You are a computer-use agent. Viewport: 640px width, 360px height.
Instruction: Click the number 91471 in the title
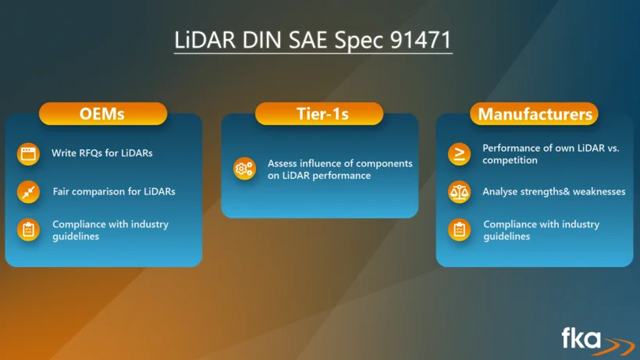[x=421, y=40]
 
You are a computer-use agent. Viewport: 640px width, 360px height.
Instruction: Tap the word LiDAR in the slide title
[x=205, y=40]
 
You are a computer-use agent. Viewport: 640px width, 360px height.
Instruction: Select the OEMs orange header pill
[x=103, y=113]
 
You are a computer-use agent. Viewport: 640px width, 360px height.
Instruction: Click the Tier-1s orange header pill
[x=319, y=113]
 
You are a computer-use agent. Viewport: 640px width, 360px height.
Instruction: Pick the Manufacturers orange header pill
[x=535, y=113]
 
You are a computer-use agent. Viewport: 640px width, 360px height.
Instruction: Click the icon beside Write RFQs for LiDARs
[x=28, y=154]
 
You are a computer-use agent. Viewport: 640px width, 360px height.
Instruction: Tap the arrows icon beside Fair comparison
[x=28, y=192]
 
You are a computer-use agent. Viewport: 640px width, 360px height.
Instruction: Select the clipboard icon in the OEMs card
[x=28, y=230]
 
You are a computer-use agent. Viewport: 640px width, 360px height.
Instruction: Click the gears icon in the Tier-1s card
[x=244, y=169]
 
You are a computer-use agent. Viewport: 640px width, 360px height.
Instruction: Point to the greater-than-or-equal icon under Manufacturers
[x=459, y=154]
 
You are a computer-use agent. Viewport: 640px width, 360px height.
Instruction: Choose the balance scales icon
[x=459, y=192]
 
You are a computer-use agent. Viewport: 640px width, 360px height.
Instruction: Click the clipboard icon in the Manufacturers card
[x=459, y=230]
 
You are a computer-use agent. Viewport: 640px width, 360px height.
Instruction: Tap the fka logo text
[x=581, y=338]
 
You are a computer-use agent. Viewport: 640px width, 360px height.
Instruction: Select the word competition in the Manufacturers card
[x=510, y=160]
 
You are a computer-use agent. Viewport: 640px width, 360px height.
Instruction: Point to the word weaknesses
[x=599, y=191]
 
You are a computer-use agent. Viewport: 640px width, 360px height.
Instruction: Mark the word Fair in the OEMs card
[x=60, y=191]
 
